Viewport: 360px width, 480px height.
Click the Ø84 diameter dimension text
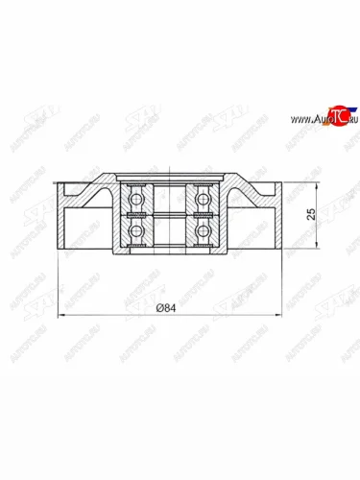click(x=170, y=308)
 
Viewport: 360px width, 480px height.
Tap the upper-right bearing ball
click(x=204, y=199)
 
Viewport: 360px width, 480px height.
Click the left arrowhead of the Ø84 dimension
click(x=61, y=315)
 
